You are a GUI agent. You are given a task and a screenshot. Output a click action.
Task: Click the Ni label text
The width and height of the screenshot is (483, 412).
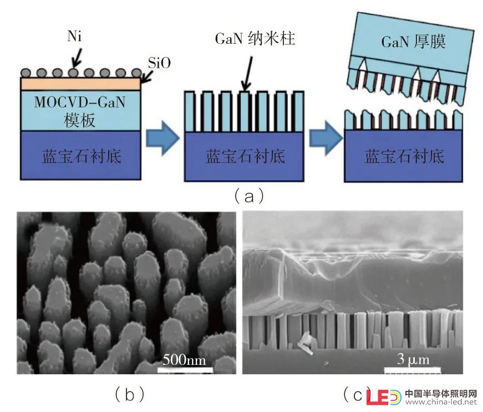click(74, 36)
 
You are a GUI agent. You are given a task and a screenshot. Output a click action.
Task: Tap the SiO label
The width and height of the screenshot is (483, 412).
click(159, 63)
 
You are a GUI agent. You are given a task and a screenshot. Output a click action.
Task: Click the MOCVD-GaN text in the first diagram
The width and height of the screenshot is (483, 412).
click(80, 102)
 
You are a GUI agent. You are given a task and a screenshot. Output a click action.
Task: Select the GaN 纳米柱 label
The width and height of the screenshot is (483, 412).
click(255, 39)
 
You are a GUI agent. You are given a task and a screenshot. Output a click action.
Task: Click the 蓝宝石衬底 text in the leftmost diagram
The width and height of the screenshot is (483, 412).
click(82, 156)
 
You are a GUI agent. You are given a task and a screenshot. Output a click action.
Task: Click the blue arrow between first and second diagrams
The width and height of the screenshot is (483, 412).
click(162, 138)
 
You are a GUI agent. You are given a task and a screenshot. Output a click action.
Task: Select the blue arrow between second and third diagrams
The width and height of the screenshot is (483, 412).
click(326, 138)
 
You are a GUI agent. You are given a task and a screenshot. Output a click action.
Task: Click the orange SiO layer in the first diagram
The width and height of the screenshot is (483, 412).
click(80, 84)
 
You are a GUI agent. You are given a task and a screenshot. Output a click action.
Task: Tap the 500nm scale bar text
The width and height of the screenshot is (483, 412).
click(184, 360)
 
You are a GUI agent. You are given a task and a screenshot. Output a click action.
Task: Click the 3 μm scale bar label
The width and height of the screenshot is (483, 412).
click(413, 359)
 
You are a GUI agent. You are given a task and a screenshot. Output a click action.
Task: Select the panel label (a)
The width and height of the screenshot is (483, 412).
click(249, 196)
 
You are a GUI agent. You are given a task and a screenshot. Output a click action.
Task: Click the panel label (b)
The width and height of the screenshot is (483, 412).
click(129, 394)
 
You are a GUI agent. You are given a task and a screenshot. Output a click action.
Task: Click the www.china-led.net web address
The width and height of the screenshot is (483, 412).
click(441, 402)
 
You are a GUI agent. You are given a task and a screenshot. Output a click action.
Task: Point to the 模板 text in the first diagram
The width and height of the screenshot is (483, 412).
click(79, 120)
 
